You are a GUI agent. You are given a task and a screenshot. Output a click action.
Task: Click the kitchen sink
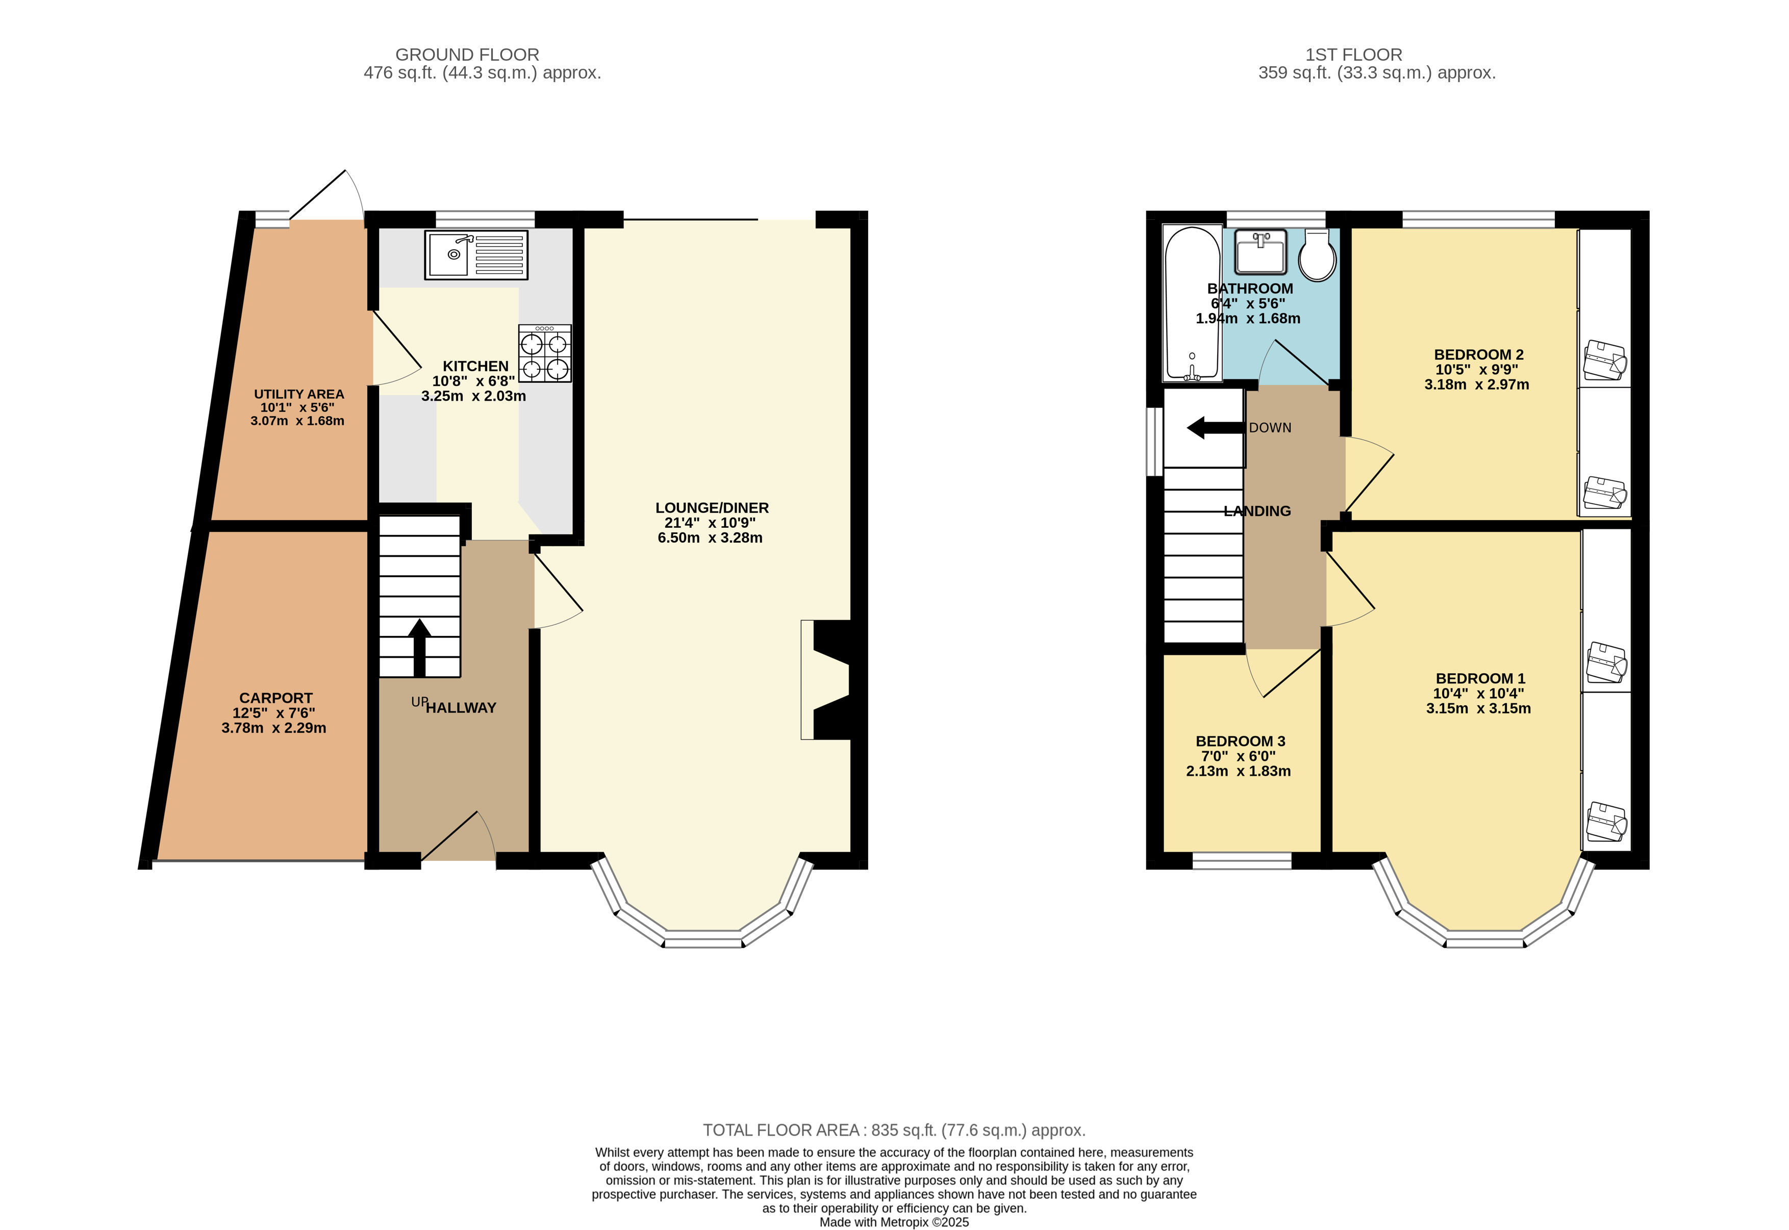click(475, 254)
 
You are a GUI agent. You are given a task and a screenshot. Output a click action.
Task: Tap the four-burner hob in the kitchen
click(545, 354)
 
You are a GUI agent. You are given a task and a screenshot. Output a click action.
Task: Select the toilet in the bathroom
click(1317, 255)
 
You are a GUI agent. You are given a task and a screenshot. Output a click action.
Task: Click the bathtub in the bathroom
click(1192, 303)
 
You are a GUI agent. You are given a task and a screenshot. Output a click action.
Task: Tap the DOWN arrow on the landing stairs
click(1216, 428)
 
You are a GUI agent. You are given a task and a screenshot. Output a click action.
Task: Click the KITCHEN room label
click(475, 366)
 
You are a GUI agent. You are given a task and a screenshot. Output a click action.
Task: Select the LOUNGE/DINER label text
click(712, 508)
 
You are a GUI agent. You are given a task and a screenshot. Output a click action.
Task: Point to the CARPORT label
click(276, 698)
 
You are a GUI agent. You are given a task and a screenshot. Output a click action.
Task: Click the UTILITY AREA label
click(299, 394)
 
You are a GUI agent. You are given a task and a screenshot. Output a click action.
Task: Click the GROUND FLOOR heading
click(467, 55)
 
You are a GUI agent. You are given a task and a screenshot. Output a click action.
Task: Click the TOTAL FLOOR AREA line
click(894, 1130)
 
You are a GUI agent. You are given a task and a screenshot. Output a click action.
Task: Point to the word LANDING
click(1257, 511)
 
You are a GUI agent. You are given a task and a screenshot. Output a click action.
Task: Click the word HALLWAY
click(461, 707)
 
